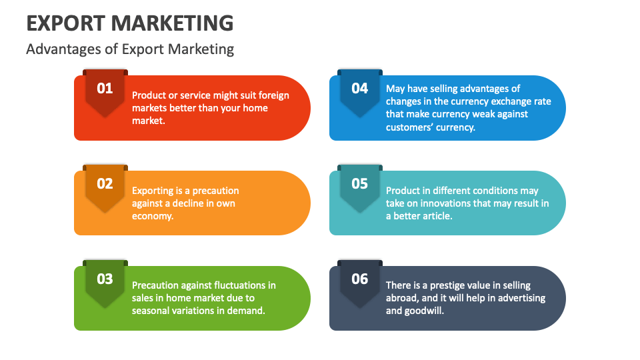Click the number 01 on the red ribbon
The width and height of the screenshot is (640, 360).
click(x=105, y=88)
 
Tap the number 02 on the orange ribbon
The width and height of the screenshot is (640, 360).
click(x=105, y=183)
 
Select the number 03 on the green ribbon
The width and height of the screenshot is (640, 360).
click(x=105, y=279)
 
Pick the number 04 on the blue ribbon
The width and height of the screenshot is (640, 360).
click(x=359, y=88)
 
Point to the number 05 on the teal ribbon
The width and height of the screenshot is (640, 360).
click(x=359, y=183)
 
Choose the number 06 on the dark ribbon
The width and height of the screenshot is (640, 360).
click(x=359, y=279)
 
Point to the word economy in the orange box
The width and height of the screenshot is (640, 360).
click(x=151, y=216)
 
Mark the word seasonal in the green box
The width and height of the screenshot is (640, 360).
click(x=151, y=311)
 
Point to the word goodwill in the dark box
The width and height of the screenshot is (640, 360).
click(x=424, y=311)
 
